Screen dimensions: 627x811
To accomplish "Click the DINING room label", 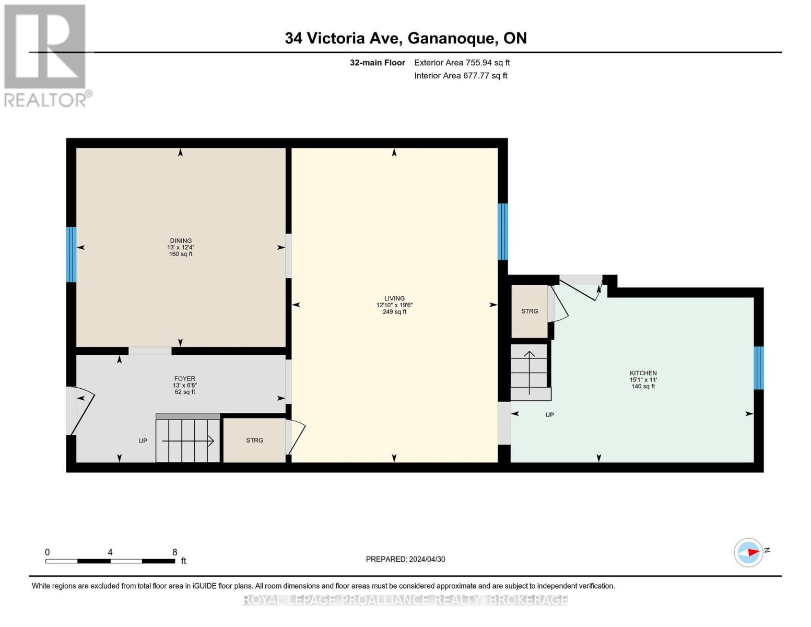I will click(x=180, y=241).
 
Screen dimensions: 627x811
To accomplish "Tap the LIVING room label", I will click(x=394, y=298).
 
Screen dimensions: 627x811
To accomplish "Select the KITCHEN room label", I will click(x=643, y=373).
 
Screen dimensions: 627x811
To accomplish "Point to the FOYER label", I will click(x=184, y=378).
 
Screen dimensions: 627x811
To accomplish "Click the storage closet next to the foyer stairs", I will click(x=254, y=440).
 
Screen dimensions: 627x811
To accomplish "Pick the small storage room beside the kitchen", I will click(x=529, y=311).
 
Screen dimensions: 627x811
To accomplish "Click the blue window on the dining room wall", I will click(x=72, y=254).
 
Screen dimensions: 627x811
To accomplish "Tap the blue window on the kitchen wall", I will click(x=758, y=368).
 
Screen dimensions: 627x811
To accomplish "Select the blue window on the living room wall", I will click(x=502, y=231).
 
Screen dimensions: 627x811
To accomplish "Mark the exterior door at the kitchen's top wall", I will click(x=580, y=286).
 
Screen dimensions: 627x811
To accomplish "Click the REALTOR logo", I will click(x=45, y=55).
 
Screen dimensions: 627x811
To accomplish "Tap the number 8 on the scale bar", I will click(x=175, y=552).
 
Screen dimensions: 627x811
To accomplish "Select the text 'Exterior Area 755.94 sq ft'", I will click(x=462, y=63).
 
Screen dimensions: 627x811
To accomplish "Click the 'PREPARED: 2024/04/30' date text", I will click(x=405, y=559).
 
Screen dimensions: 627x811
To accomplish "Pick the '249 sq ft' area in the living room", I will click(x=394, y=312).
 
